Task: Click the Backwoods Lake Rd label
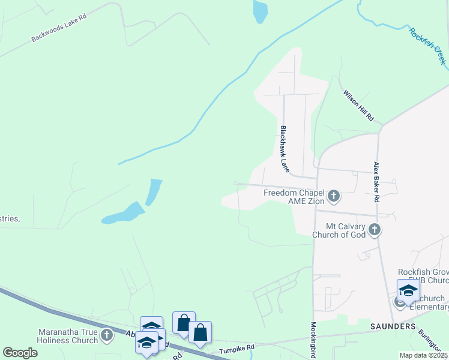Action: [59, 28]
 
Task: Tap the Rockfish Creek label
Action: [427, 46]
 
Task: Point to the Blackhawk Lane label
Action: [285, 149]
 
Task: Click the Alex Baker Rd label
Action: [377, 182]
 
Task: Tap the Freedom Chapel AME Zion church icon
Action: [333, 196]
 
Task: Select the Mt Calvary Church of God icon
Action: [374, 229]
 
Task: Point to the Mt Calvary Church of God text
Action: [337, 230]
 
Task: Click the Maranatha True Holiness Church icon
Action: [107, 335]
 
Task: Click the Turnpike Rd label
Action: [237, 347]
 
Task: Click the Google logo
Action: [20, 353]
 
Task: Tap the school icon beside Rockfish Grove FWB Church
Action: [408, 290]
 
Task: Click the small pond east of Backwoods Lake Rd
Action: [260, 11]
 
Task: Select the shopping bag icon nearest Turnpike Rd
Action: [200, 331]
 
